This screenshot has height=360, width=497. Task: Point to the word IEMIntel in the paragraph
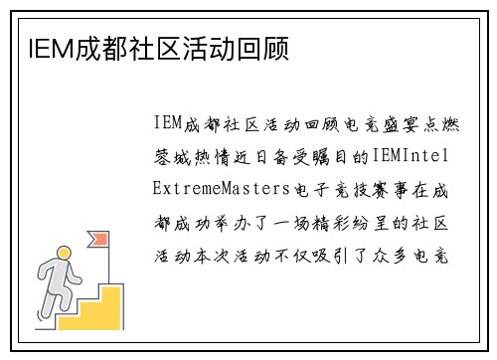[x=411, y=156]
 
